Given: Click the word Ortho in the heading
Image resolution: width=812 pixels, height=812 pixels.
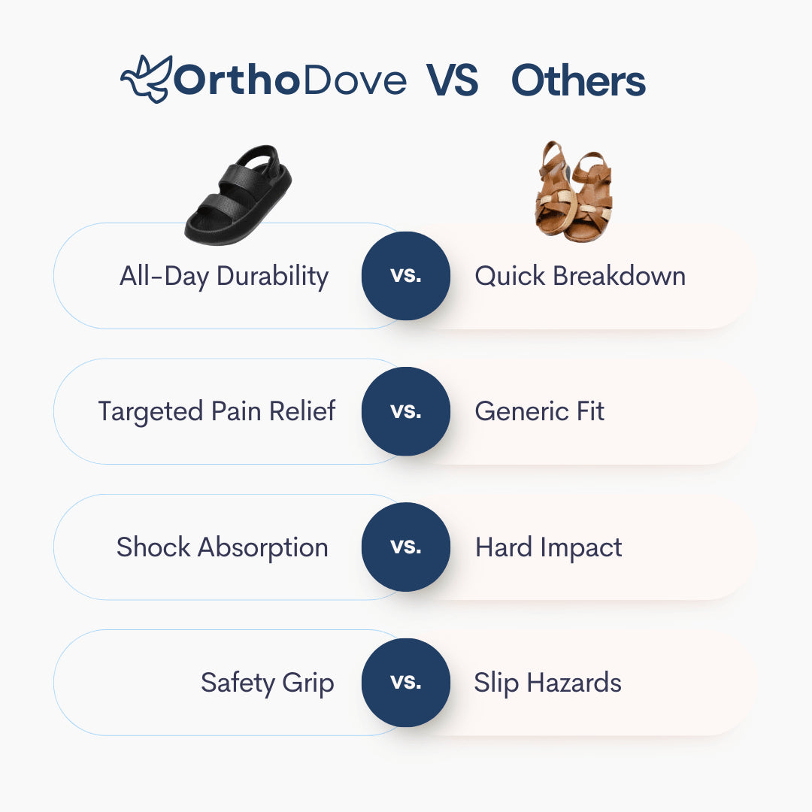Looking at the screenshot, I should click(236, 80).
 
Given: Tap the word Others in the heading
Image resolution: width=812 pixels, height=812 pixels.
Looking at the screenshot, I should click(578, 81).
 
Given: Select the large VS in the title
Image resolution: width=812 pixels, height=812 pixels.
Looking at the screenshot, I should click(453, 81).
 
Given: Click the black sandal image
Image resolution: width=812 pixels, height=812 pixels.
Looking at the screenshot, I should click(238, 194).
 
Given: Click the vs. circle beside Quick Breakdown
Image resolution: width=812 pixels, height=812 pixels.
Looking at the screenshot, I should click(406, 276).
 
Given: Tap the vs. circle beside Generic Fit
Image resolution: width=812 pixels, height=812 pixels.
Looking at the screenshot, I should click(406, 411).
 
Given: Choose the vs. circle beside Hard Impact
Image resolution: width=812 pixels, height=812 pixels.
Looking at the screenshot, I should click(406, 547).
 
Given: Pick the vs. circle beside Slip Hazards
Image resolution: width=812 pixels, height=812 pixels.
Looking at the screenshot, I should click(406, 683).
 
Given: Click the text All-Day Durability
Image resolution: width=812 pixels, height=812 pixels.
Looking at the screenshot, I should click(224, 276).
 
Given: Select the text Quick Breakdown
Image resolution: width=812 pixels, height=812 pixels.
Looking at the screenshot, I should click(580, 276).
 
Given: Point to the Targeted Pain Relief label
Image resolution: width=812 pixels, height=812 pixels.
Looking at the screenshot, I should click(217, 411).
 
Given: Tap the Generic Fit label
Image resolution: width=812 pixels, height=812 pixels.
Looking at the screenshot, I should click(539, 411).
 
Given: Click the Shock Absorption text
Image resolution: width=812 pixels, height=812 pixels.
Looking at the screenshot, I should click(222, 547).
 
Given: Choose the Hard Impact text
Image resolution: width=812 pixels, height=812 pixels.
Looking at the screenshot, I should click(548, 547).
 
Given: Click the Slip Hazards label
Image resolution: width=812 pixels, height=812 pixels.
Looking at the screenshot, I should click(547, 683).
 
